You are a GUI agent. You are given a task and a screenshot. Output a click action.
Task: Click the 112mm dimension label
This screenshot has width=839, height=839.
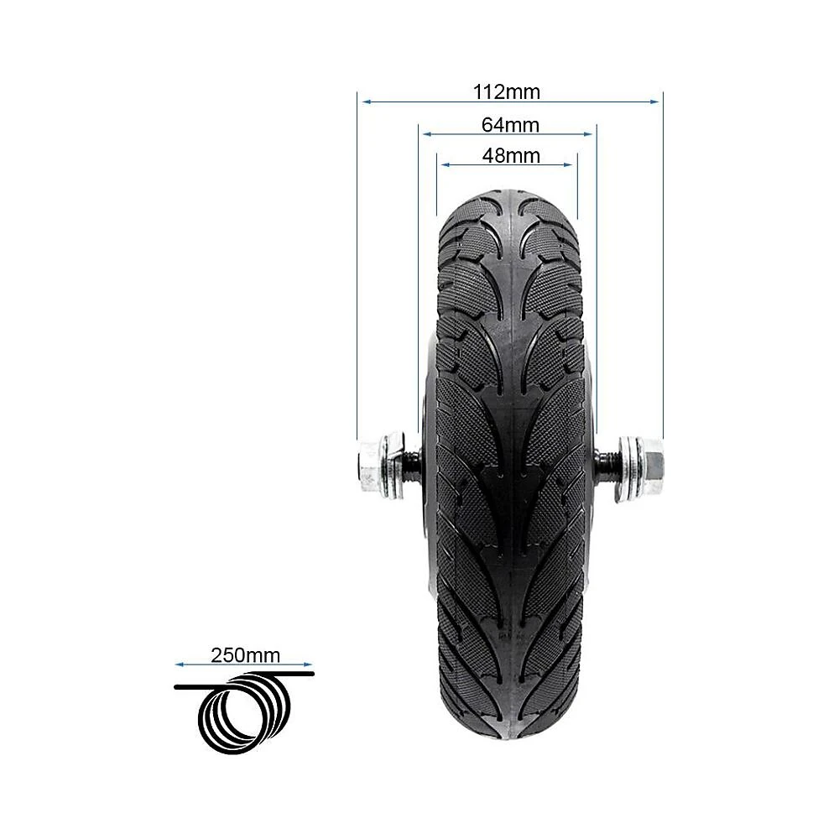coord(506,92)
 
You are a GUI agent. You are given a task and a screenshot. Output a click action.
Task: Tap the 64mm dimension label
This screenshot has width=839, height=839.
coord(510,125)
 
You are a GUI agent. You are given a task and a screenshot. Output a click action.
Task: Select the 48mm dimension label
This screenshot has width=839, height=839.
coord(511,156)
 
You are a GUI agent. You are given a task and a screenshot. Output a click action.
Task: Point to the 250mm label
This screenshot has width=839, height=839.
coord(245,655)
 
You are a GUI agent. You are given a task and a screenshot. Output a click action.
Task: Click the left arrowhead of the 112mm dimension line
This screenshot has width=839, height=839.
coord(367,102)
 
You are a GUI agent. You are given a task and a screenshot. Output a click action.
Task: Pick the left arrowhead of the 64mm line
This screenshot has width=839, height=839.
coord(427,133)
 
